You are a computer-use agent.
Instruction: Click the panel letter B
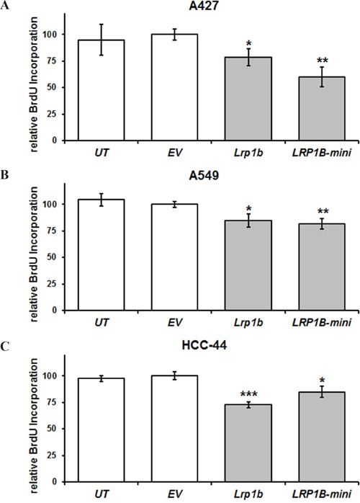[x=6, y=175]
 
